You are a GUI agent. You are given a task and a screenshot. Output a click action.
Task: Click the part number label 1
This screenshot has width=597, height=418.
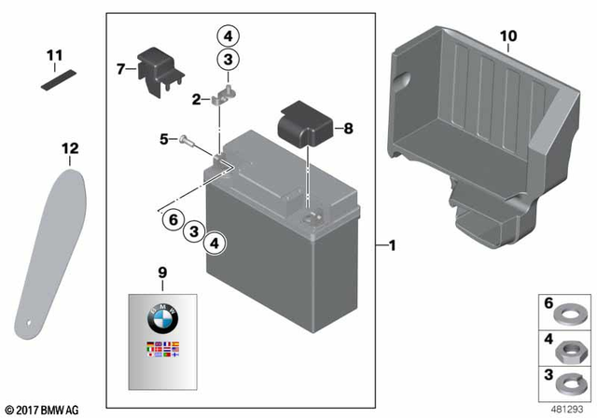point(393,246)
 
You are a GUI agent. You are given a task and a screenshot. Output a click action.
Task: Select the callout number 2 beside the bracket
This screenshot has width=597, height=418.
point(196,98)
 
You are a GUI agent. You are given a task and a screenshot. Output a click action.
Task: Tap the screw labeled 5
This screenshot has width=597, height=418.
point(184,140)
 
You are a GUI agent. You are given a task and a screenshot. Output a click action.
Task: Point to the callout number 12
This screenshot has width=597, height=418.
point(70,148)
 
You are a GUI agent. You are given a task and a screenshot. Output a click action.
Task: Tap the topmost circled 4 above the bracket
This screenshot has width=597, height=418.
point(228,36)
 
